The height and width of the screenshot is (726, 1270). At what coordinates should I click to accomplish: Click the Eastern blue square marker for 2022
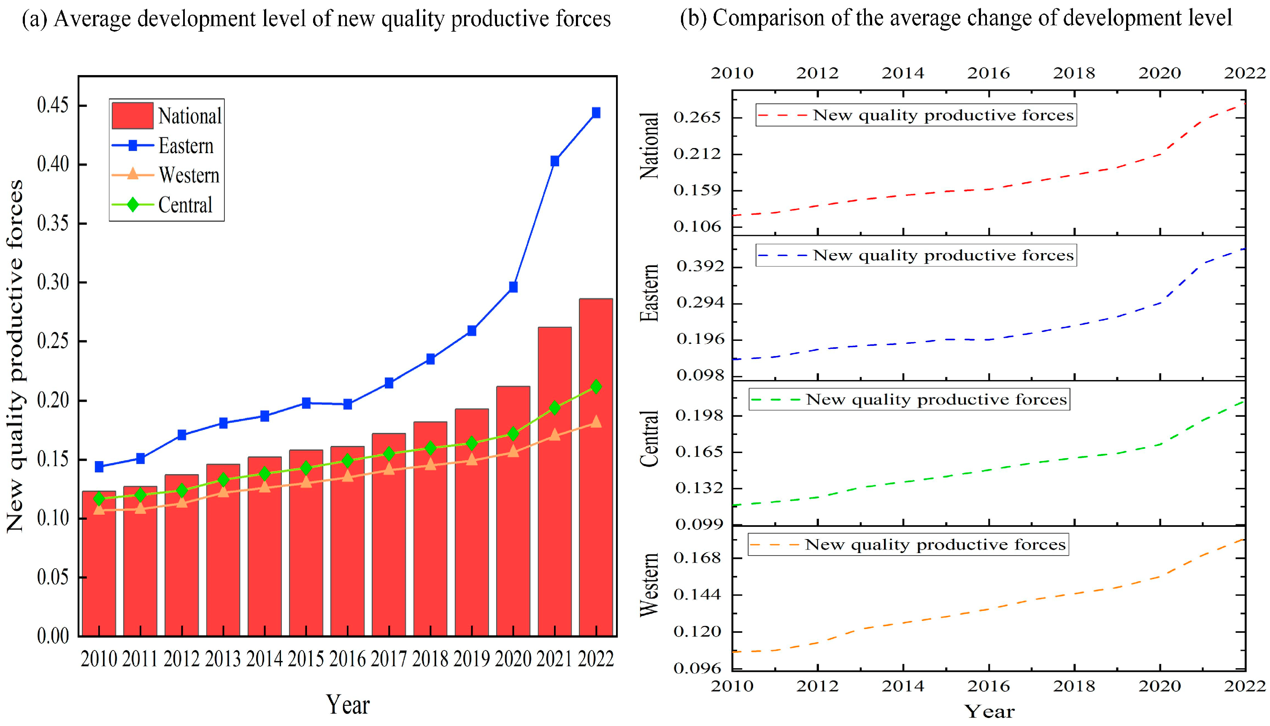(595, 113)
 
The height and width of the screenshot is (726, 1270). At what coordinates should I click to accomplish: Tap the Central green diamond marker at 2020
(513, 434)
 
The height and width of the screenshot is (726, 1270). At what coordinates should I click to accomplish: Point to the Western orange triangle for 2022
(595, 422)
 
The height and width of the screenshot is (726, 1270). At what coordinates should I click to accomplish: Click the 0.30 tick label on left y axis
(53, 282)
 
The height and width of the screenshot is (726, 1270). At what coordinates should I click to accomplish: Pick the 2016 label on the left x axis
(348, 659)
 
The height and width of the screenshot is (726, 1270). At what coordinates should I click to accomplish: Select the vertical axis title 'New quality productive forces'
(15, 356)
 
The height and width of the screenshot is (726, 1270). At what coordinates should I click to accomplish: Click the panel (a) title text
(316, 19)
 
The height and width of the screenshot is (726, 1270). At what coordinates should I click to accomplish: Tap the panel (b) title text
(956, 18)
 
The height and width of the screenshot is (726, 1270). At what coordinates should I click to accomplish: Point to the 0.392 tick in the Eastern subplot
(700, 266)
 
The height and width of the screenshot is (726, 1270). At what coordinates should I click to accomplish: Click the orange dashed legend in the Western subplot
(908, 545)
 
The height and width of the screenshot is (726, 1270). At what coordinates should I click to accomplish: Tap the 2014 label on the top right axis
(903, 73)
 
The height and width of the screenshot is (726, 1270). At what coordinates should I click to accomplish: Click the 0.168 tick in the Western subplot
(697, 557)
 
